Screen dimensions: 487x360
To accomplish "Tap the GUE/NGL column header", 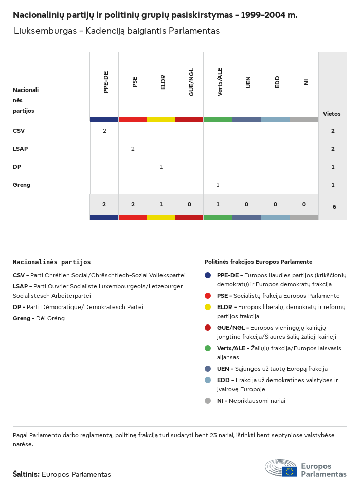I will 191,83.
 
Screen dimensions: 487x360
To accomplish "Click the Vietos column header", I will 332,114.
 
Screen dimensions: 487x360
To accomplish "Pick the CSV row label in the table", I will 19,131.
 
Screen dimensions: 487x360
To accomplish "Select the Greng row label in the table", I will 22,185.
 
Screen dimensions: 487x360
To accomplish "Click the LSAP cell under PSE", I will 133,149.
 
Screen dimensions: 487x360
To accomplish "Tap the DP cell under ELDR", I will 161,167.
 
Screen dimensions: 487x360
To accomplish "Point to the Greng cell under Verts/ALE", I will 218,185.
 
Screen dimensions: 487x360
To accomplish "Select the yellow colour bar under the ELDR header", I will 161,119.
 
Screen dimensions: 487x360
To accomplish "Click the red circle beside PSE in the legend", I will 208,296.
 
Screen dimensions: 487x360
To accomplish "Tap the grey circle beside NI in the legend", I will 208,401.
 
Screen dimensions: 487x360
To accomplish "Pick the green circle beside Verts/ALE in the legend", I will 208,348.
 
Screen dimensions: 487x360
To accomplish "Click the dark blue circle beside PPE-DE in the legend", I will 208,275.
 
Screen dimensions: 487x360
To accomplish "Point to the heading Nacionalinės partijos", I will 51,262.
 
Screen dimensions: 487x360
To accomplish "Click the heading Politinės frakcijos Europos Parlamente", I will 258,262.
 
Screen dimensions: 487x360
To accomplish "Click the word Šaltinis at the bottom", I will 26,474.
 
